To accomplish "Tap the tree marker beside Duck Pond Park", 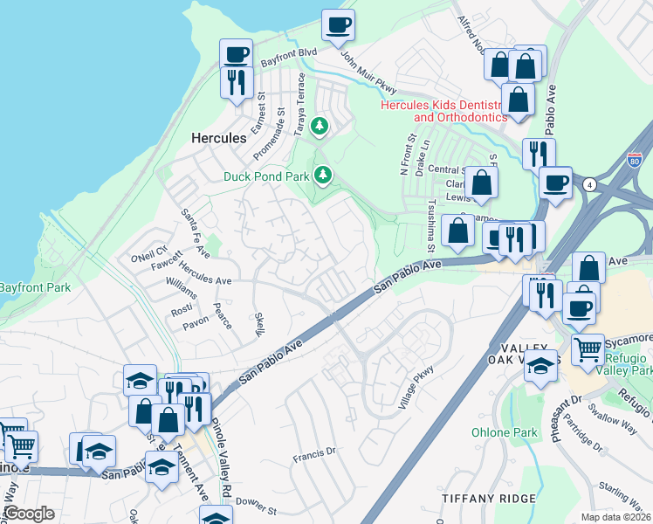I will (324, 176).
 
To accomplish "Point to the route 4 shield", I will (591, 184).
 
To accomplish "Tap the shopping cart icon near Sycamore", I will (588, 349).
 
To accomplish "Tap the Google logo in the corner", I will (29, 514).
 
